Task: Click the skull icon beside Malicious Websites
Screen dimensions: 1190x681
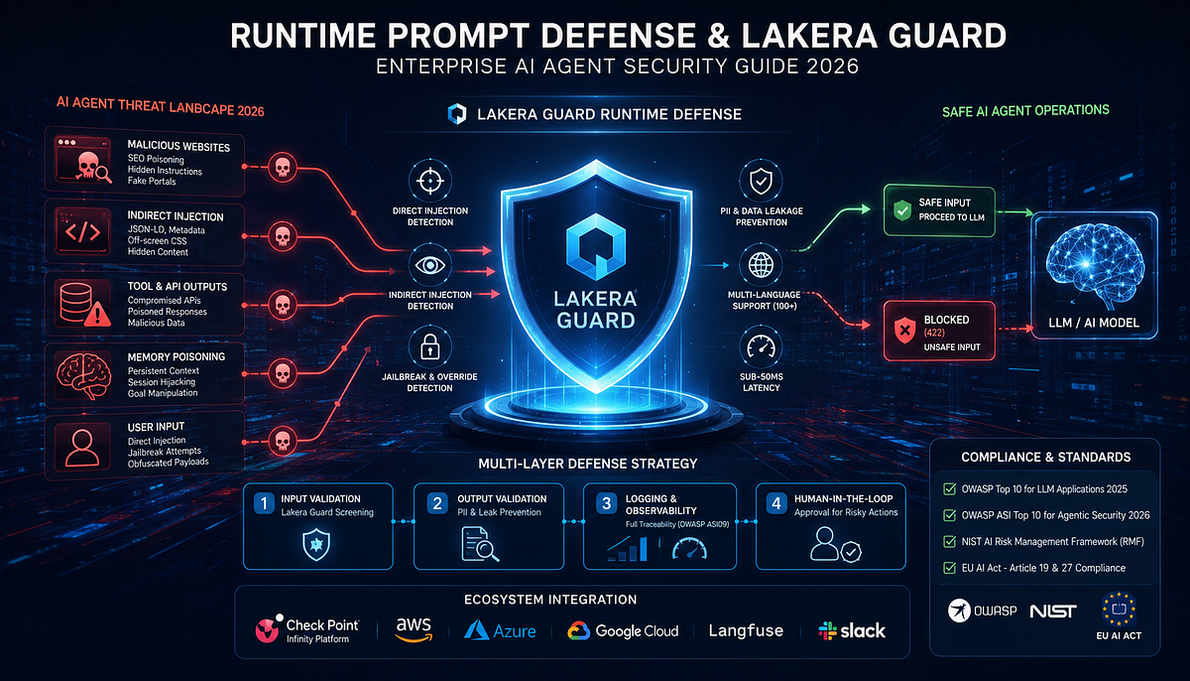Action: tap(283, 168)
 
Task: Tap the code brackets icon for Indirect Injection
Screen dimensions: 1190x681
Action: tap(82, 232)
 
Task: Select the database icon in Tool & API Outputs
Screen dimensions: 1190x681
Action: tap(76, 302)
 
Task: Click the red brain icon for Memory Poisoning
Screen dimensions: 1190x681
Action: tap(83, 375)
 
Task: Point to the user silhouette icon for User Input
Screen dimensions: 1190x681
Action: tap(81, 448)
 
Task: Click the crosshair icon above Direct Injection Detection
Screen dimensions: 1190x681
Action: tap(430, 181)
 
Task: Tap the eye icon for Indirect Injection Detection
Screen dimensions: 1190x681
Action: tap(430, 265)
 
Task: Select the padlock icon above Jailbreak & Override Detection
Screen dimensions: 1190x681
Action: tap(429, 346)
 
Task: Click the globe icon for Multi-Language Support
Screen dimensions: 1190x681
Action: tap(761, 265)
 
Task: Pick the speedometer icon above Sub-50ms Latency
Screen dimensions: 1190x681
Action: tap(761, 347)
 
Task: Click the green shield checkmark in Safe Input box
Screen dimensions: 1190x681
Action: tap(902, 210)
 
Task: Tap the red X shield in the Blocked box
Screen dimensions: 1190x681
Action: tap(904, 331)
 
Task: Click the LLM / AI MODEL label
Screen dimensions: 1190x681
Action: tap(1093, 323)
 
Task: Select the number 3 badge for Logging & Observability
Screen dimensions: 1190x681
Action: tap(606, 503)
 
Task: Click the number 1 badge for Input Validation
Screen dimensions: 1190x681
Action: tap(264, 503)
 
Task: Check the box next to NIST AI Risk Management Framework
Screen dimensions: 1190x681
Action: tap(949, 541)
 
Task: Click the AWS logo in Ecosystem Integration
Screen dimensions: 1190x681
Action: tap(414, 630)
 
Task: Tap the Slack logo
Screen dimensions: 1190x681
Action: tap(852, 631)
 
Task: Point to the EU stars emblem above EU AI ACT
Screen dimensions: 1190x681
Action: tap(1119, 610)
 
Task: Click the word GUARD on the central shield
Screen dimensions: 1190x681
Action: tap(596, 321)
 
